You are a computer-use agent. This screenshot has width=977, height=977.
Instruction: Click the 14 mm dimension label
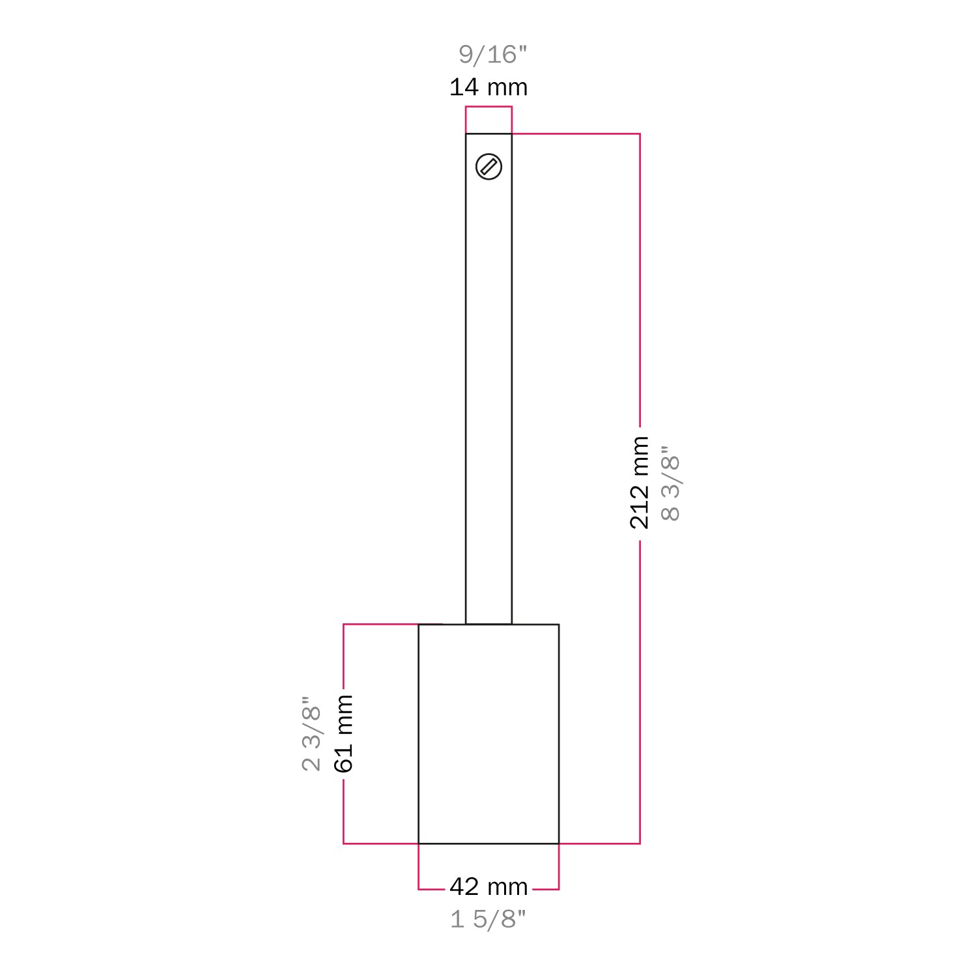[x=488, y=87]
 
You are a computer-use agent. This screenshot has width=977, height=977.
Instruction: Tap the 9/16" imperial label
[x=492, y=54]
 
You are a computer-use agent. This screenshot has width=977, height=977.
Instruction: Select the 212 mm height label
[x=640, y=483]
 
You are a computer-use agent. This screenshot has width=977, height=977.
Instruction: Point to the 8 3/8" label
[x=670, y=483]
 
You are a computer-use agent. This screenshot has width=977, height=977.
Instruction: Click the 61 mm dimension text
[x=343, y=733]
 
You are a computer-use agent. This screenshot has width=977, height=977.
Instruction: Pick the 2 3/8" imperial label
[x=312, y=733]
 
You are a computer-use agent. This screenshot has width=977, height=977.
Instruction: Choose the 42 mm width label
[x=488, y=886]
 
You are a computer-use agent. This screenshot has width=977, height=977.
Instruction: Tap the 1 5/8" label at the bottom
[x=488, y=919]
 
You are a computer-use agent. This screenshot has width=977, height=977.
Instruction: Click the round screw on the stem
[x=488, y=167]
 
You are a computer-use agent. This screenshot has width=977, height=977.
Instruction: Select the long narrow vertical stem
[x=488, y=391]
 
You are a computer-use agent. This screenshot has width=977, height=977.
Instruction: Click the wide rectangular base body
[x=488, y=734]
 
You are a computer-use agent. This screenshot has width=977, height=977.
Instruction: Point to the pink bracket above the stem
[x=488, y=107]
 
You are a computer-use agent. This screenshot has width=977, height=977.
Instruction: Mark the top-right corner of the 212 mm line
[x=640, y=134]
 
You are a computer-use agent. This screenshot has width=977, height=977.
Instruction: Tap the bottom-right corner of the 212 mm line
[x=640, y=843]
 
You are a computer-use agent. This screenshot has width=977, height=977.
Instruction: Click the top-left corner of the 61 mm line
[x=344, y=625]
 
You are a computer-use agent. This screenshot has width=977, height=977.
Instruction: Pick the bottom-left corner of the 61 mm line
[x=344, y=843]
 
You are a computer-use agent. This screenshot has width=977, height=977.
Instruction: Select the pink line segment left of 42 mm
[x=431, y=888]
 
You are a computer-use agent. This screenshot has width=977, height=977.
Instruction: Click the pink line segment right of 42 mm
[x=546, y=888]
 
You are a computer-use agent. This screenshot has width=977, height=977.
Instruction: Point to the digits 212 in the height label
[x=640, y=506]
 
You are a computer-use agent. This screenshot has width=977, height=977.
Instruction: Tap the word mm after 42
[x=507, y=887]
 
